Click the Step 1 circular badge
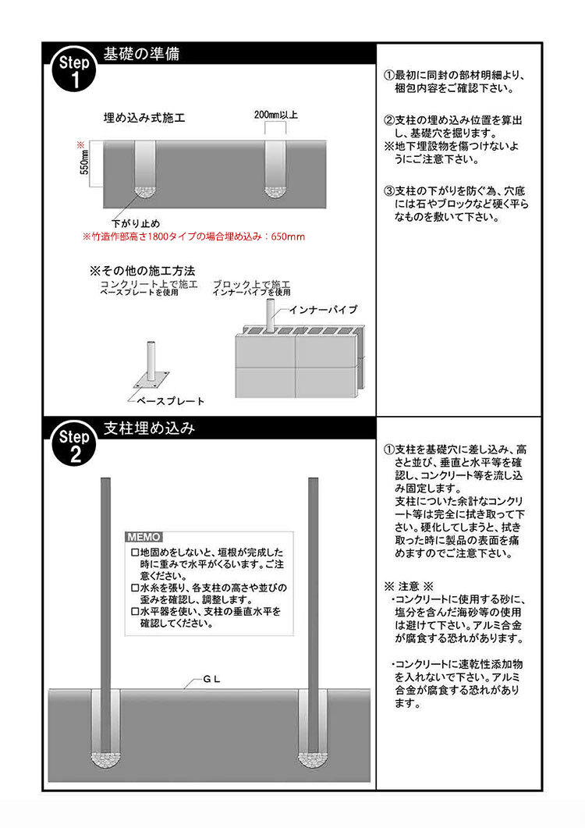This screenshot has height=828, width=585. pyautogui.click(x=74, y=71)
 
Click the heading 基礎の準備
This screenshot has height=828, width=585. pyautogui.click(x=141, y=54)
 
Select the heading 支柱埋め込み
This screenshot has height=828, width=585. pyautogui.click(x=150, y=428)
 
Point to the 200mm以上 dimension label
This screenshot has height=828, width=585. pyautogui.click(x=275, y=115)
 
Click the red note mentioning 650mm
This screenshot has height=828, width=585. pyautogui.click(x=193, y=236)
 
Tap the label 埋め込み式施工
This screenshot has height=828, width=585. pyautogui.click(x=144, y=117)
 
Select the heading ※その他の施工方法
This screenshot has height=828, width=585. pyautogui.click(x=143, y=271)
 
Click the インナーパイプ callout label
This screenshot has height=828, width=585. pyautogui.click(x=323, y=310)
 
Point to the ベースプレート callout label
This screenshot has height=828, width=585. pyautogui.click(x=170, y=401)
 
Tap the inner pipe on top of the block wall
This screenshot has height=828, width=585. pyautogui.click(x=270, y=315)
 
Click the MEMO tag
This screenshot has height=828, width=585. pyautogui.click(x=144, y=537)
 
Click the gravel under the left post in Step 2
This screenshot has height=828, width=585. pyautogui.click(x=105, y=759)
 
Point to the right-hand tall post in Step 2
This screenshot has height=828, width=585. pyautogui.click(x=313, y=615)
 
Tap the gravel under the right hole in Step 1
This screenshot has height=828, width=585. pyautogui.click(x=275, y=192)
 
